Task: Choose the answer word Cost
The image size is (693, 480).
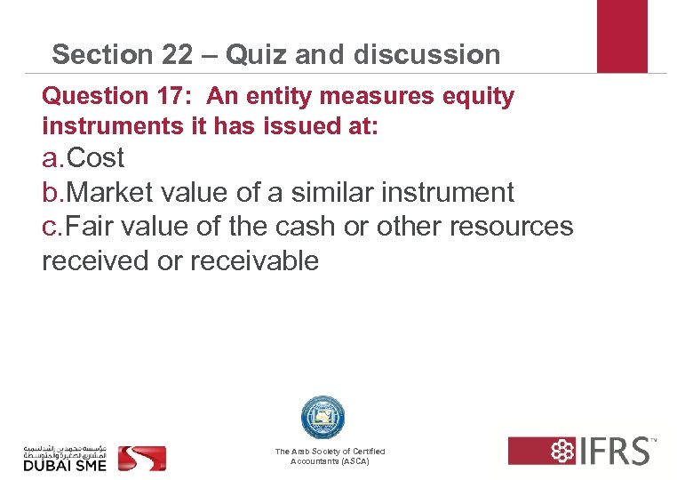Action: (96, 158)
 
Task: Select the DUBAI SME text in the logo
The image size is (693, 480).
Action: (64, 464)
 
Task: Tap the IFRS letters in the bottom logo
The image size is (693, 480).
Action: (613, 451)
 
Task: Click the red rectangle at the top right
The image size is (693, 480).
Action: (622, 36)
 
